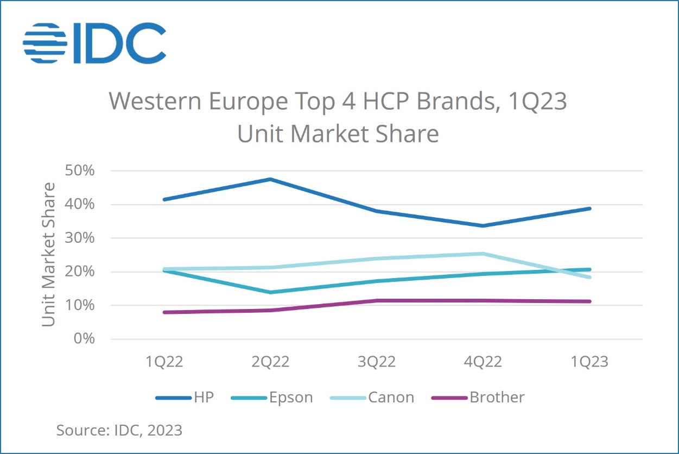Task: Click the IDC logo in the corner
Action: click(94, 42)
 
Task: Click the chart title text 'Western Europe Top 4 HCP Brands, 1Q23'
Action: click(338, 102)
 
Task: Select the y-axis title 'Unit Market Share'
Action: click(49, 254)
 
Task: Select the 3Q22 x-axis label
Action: click(377, 362)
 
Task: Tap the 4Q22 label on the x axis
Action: click(483, 362)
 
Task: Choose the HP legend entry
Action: click(185, 398)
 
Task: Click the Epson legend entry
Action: click(272, 398)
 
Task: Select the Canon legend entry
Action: click(372, 398)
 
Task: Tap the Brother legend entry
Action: click(478, 398)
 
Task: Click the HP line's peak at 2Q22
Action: click(270, 179)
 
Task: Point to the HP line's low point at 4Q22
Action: click(483, 225)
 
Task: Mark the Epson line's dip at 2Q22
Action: click(270, 292)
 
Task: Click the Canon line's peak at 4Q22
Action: click(483, 254)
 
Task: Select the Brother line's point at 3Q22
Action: click(377, 300)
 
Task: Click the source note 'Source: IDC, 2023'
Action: click(119, 431)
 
